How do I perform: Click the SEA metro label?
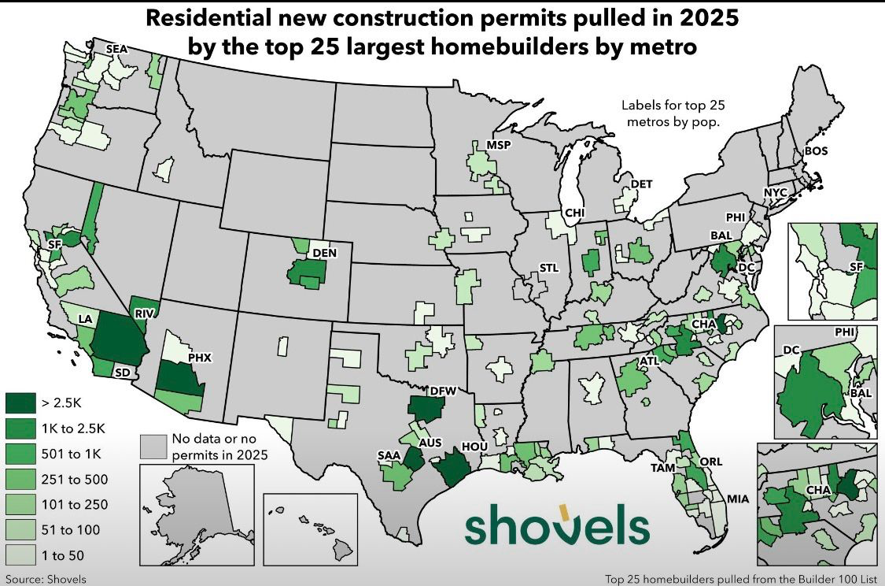pos(116,49)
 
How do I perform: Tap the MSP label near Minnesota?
pos(498,146)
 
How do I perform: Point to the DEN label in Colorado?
pos(325,253)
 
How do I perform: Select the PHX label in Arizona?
pos(201,356)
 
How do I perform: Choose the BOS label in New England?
pos(816,150)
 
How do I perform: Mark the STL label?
pos(548,269)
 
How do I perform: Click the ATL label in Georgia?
pos(649,362)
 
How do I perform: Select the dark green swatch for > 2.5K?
pos(20,403)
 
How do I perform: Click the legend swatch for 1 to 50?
pos(20,555)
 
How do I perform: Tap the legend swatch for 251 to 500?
pos(20,479)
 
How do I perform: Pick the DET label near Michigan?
pos(642,184)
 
